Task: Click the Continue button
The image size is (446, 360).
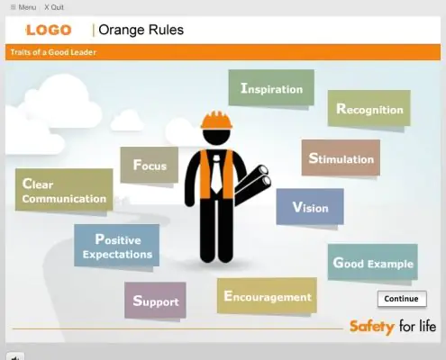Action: coord(402,299)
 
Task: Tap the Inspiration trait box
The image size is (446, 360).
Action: coord(271,87)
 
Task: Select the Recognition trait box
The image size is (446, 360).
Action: coord(369,108)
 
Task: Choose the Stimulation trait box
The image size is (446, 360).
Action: coord(341,157)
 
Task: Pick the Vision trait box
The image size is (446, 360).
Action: coord(310,206)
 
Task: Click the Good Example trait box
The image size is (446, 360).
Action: coord(373,262)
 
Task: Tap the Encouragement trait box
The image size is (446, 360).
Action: coord(267,295)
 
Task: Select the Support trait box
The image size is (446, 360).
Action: coord(155,300)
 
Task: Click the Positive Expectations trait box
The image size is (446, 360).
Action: coord(117,246)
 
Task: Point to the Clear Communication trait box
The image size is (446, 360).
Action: coord(64,190)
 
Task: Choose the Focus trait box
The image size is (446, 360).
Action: coord(150,165)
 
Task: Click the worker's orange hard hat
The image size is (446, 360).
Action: coord(216,121)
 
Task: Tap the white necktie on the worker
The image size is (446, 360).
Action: coord(216,174)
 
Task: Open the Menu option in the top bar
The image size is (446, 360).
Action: coord(23,7)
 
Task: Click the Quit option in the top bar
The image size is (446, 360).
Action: coord(54,7)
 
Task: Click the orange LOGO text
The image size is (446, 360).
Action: coord(49,31)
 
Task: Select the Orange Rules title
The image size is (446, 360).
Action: coord(141,30)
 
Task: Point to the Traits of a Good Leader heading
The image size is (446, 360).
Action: coord(53,52)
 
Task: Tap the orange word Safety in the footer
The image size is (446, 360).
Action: coord(372,327)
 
